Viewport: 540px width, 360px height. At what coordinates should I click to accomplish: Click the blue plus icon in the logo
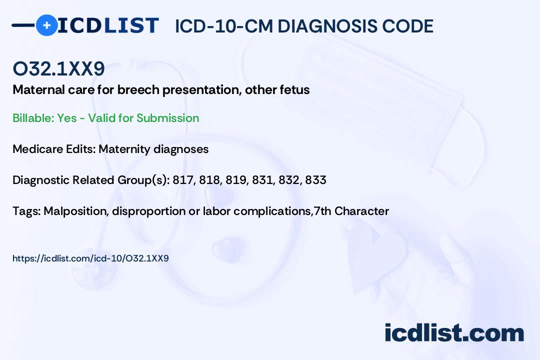46,25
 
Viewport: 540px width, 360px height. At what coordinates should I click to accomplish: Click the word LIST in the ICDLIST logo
131,25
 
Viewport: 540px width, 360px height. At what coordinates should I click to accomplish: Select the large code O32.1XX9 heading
58,68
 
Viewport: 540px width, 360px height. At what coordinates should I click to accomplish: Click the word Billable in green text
32,118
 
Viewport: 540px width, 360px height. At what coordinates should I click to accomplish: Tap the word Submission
167,118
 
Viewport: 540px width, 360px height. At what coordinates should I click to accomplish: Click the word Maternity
124,149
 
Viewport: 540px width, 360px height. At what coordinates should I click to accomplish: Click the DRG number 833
316,180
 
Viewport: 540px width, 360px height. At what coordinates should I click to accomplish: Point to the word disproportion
149,211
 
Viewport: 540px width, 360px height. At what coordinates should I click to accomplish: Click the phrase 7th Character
351,211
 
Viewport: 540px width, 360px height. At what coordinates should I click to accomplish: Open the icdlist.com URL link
90,258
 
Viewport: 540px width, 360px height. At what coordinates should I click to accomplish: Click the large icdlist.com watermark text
454,333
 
